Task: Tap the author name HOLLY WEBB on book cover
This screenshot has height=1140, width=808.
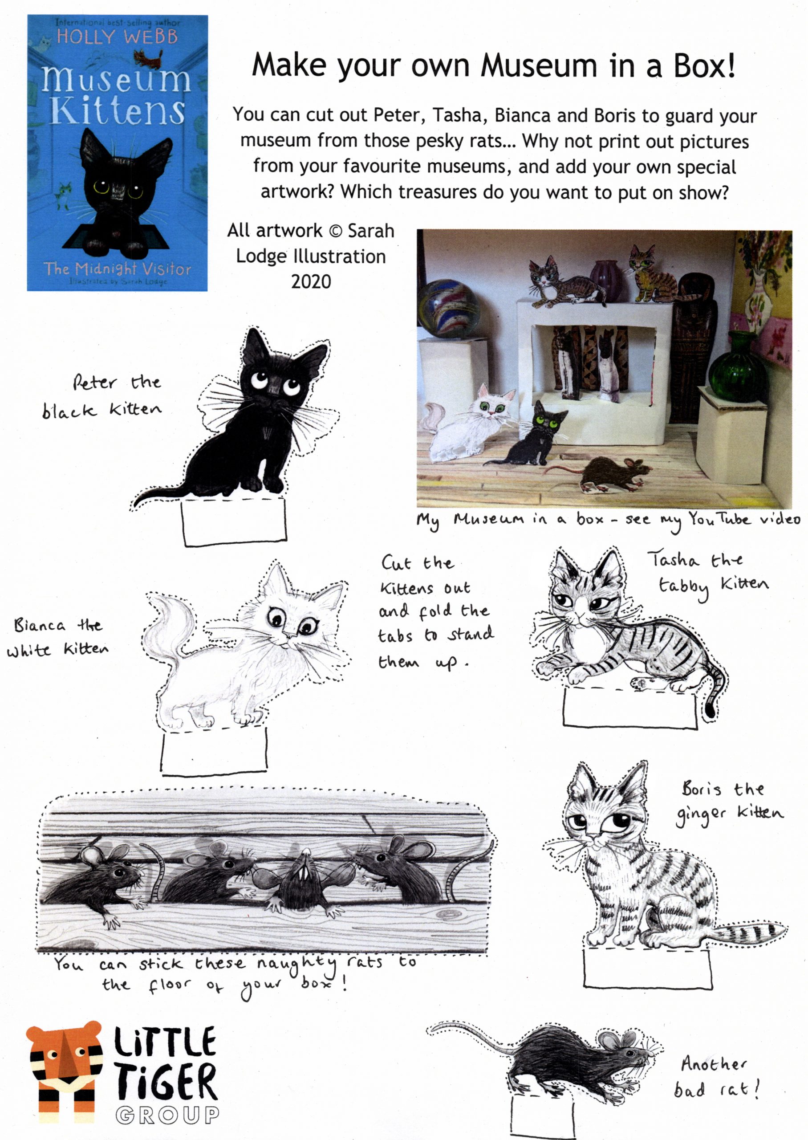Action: coord(117,37)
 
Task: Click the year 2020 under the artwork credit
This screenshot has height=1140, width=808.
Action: coord(311,281)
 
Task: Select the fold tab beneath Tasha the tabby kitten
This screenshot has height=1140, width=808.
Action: coord(630,708)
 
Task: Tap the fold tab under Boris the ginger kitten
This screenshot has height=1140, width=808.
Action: coord(647,968)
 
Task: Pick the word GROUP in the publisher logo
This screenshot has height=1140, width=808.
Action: coord(167,1115)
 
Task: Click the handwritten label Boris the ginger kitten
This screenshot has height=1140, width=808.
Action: coord(729,802)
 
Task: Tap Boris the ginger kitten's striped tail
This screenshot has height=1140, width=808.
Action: coord(751,931)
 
